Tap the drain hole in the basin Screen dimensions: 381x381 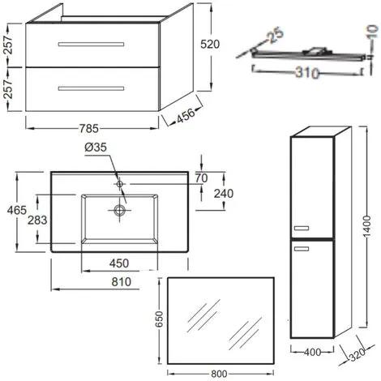pyautogui.click(x=121, y=210)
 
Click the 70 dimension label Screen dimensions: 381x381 pyautogui.click(x=203, y=176)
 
